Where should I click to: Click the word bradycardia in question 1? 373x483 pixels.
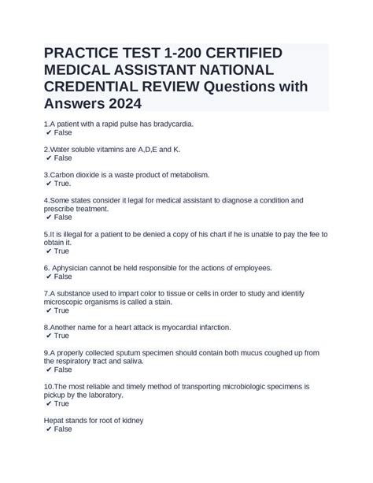[x=168, y=124]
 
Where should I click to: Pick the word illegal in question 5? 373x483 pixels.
[x=65, y=234]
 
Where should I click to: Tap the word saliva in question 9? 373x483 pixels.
[x=130, y=361]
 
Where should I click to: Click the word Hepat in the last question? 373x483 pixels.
[x=55, y=420]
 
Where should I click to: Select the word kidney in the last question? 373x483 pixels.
[x=130, y=420]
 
